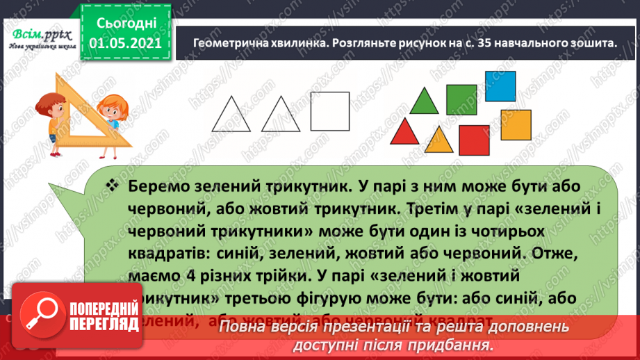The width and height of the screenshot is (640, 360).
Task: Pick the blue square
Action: point(500,85)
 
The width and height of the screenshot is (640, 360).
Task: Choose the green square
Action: point(460,99)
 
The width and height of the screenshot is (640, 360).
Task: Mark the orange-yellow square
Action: point(516,123)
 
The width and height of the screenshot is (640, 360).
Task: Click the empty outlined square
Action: point(329,111)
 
